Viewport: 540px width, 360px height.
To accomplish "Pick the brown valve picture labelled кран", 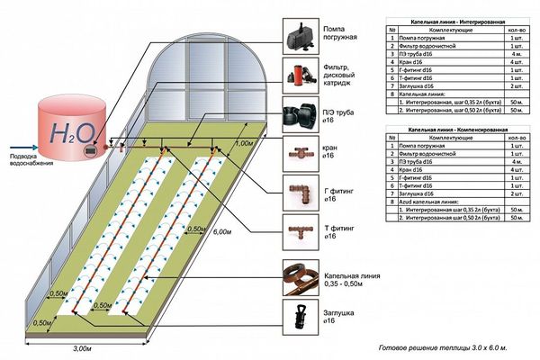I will coord(298,153).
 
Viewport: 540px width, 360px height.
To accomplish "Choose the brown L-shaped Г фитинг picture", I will coord(298,191).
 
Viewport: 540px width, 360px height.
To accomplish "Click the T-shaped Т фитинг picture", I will coord(298,231).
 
